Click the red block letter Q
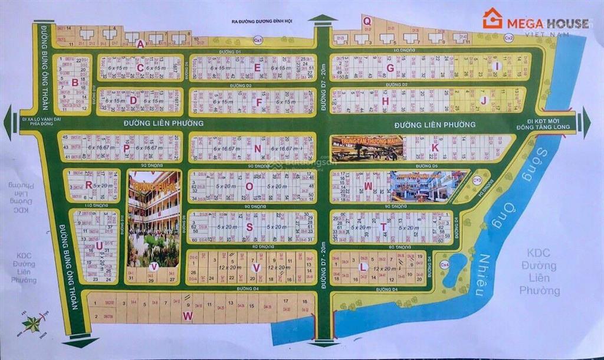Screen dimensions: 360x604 pyautogui.click(x=367, y=21)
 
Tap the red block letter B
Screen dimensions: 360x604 pyautogui.click(x=75, y=83)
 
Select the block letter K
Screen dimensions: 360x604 pyautogui.click(x=435, y=148)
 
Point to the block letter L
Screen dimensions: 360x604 pyautogui.click(x=364, y=267)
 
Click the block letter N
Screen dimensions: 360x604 pyautogui.click(x=257, y=149)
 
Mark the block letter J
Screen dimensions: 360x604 pyautogui.click(x=482, y=100)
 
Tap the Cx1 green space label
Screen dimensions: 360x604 pyautogui.click(x=258, y=40)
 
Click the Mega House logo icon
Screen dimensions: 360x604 pyautogui.click(x=492, y=18)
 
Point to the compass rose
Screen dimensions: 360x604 pyautogui.click(x=32, y=323)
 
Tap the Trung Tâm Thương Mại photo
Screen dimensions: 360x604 pyautogui.click(x=367, y=148)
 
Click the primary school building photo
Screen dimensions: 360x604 pyautogui.click(x=153, y=218)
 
